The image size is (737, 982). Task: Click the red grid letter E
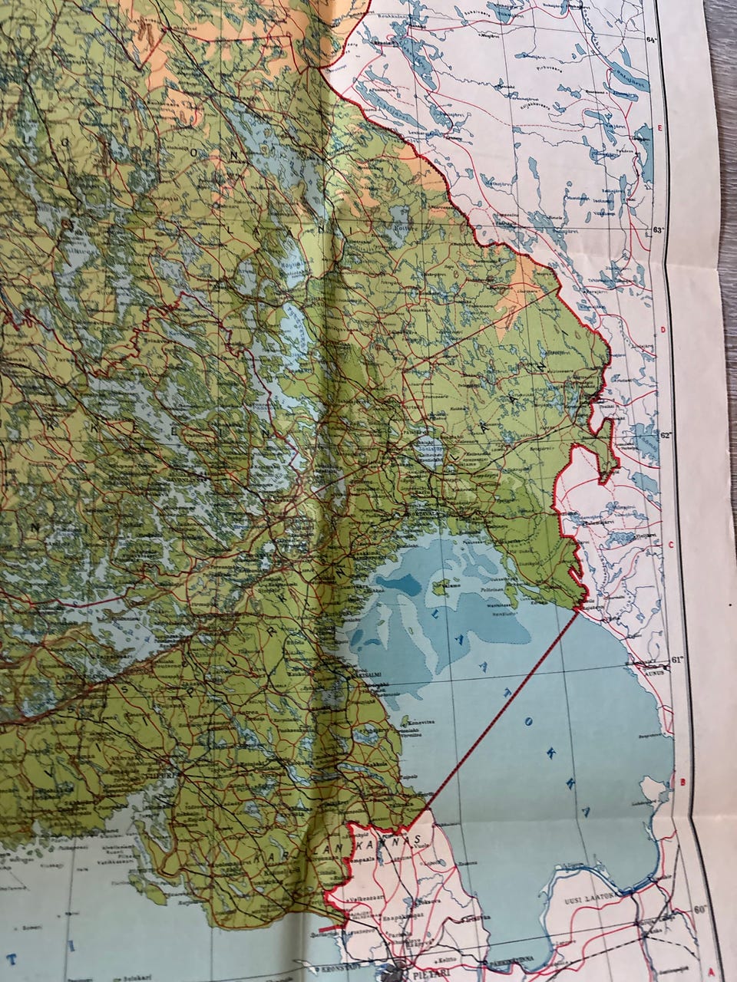click(x=660, y=128)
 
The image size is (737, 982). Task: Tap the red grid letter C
click(x=670, y=546)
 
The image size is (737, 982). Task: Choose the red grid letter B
click(x=680, y=782)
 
